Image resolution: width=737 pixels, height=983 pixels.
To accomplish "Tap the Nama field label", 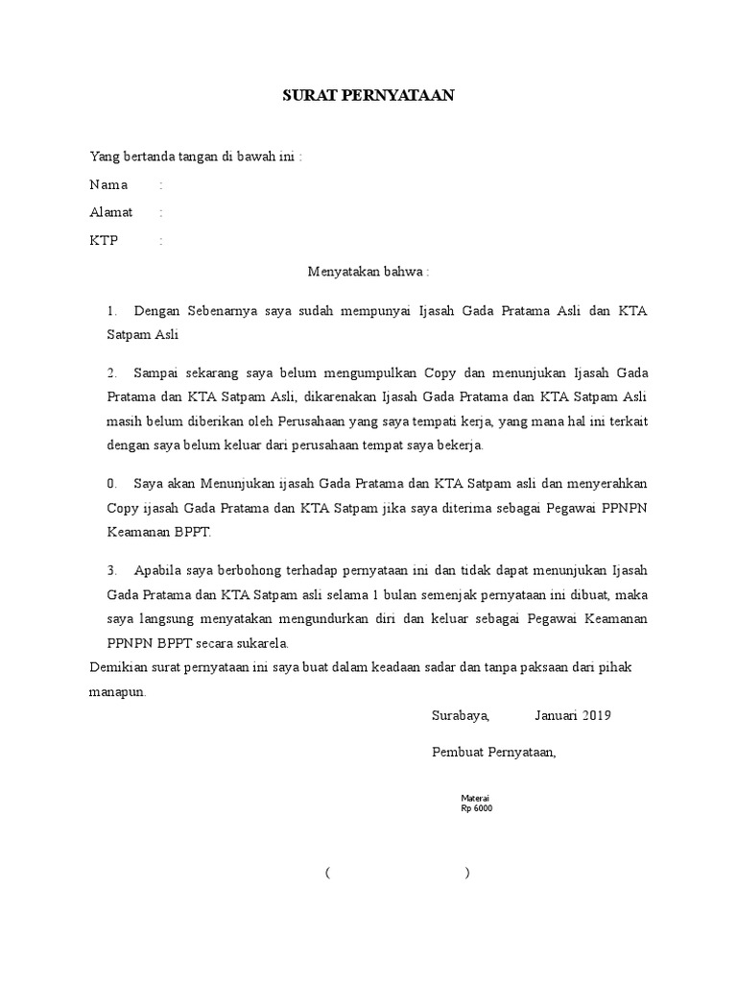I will tap(107, 184).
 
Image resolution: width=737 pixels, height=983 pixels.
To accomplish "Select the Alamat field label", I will tap(111, 212).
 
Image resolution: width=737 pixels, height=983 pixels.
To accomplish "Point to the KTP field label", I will tap(104, 241).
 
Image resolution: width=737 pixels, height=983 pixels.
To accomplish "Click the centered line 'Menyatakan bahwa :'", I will tap(368, 272).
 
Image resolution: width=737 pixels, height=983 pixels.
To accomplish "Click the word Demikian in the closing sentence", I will tap(116, 666).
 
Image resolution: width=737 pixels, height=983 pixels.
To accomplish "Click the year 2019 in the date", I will tap(595, 715).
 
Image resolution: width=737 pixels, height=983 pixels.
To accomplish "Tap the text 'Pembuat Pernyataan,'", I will tap(494, 753).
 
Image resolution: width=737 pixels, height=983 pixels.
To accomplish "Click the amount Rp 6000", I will tap(477, 808).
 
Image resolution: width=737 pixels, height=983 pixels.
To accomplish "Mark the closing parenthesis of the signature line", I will tap(466, 873).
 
